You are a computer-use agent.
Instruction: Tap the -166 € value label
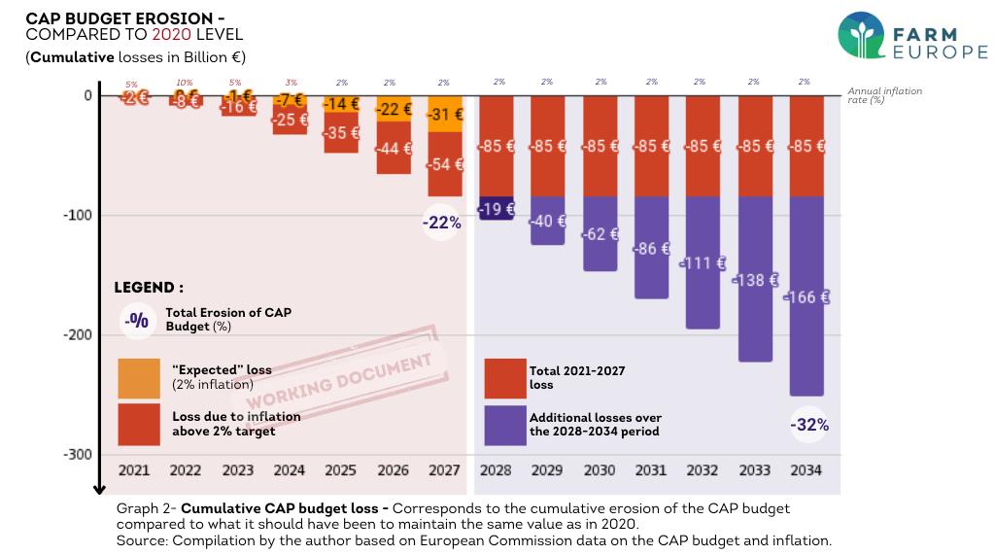click(x=806, y=297)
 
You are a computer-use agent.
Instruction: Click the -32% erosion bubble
click(x=810, y=425)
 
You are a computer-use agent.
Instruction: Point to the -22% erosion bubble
click(x=441, y=223)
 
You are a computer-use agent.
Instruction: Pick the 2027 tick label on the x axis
click(x=444, y=470)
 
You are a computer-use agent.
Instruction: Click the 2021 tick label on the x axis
click(x=134, y=470)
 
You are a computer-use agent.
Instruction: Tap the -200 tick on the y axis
click(x=77, y=335)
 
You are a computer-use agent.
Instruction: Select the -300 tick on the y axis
click(x=77, y=455)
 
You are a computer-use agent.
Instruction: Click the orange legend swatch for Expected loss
click(x=139, y=379)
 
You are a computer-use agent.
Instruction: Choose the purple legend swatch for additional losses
click(x=505, y=425)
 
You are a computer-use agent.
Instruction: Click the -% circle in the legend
click(x=138, y=320)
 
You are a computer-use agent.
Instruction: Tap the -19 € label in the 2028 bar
click(x=497, y=208)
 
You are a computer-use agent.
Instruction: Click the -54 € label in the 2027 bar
click(x=445, y=164)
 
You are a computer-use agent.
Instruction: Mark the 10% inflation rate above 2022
click(x=185, y=83)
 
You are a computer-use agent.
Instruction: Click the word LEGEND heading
click(x=149, y=288)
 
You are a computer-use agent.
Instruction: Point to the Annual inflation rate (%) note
click(x=884, y=95)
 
